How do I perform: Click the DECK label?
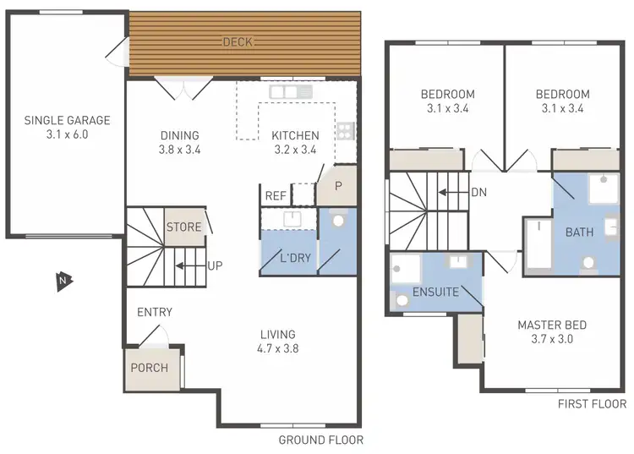[238, 42]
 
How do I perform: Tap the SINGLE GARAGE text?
[68, 121]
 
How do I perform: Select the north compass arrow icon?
[63, 281]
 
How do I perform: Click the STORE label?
[183, 227]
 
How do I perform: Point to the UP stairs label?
[215, 265]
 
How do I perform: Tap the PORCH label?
[149, 368]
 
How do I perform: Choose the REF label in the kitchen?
[276, 195]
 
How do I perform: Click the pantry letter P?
[338, 186]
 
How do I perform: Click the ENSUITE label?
[435, 293]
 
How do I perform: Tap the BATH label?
[579, 232]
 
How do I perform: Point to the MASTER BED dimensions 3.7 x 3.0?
[552, 340]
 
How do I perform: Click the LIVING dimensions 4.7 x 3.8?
[278, 348]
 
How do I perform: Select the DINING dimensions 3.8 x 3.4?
[179, 150]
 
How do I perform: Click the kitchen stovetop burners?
[345, 130]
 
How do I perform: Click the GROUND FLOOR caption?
[320, 440]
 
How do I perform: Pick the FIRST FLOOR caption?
[592, 404]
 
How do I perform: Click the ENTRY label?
[155, 313]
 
